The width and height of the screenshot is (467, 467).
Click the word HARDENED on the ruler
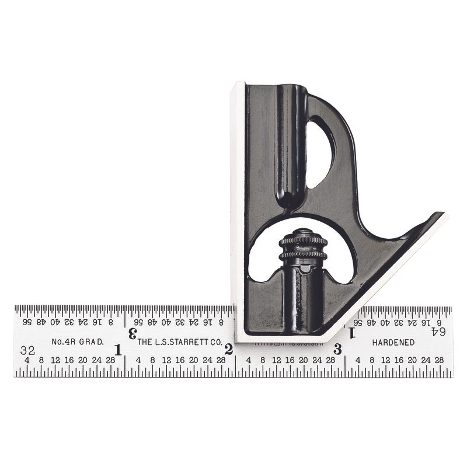coord(393,343)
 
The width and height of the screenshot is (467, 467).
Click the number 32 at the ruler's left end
coord(26,351)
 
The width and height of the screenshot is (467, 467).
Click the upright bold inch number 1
coord(119,350)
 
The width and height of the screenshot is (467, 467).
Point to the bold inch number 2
coord(228,350)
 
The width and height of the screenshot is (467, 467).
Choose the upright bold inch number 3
coord(337,350)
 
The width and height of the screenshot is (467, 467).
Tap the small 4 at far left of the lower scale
coord(27,360)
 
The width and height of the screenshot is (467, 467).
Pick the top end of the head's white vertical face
coord(237,85)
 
